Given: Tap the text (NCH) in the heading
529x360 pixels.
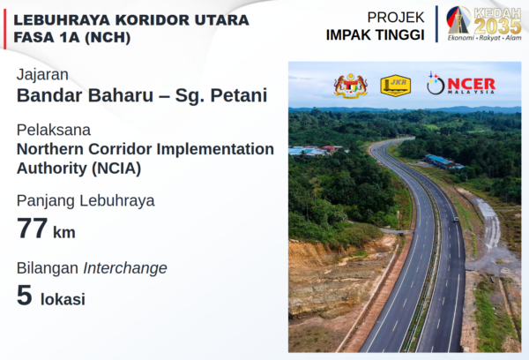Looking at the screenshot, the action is pos(108,37).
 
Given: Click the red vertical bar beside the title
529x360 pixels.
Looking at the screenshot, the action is pos(4,29).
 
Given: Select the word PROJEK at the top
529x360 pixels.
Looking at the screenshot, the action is pos(395,18).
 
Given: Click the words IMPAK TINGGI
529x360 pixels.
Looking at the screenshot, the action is pos(375,35).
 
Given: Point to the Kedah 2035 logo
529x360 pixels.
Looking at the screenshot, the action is pos(483,24).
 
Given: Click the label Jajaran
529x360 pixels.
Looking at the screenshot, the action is pos(42,75).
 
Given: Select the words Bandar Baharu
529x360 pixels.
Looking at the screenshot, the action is pos(85,95).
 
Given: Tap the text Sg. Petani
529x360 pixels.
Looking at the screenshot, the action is pos(221,95).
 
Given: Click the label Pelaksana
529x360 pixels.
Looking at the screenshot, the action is pos(54,130).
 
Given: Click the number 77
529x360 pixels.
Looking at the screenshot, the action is pos(32,229).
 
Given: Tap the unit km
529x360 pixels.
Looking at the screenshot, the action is pos(64,232).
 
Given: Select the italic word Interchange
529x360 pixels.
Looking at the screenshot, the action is pos(125,268).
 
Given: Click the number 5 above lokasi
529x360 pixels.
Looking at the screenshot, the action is pos(25,296).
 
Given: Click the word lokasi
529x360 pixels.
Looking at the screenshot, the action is pos(63,299).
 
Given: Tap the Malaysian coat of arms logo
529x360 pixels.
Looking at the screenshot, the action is pos(351,86).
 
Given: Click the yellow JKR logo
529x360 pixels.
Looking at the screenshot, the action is pos(395,86).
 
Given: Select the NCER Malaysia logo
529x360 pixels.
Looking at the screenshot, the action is pos(461,84).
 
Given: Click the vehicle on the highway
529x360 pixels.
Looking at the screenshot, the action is pos(456,219).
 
